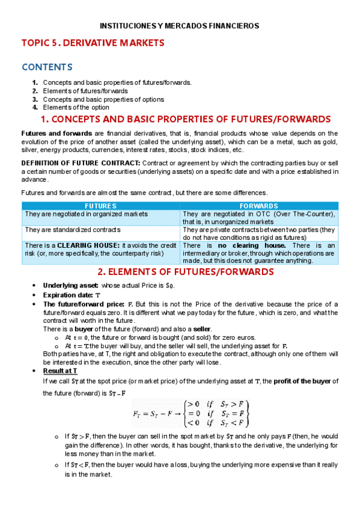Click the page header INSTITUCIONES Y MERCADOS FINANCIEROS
[179, 26]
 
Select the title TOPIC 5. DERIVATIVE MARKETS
[93, 43]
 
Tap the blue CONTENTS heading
[47, 67]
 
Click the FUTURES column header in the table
[100, 206]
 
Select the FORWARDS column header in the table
[258, 206]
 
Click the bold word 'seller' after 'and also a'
[202, 329]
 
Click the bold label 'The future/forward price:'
[84, 304]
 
